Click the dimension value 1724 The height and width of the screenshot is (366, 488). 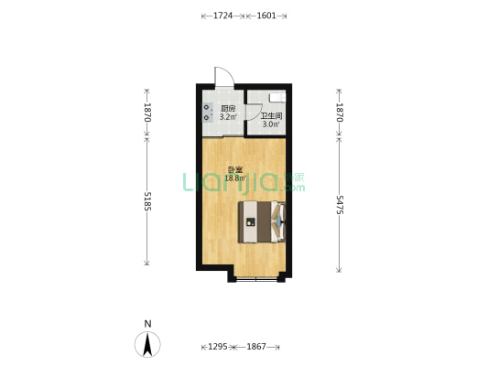pos(222,16)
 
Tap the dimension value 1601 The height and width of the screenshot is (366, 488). pos(266,16)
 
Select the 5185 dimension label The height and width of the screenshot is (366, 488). pos(147,201)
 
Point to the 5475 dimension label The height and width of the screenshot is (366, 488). pos(340,205)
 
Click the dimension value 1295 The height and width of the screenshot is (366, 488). pos(218,347)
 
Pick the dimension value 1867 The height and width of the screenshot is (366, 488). pos(256,347)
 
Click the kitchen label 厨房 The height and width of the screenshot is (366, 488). pos(228,109)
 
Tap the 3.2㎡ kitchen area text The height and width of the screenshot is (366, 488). pos(228,117)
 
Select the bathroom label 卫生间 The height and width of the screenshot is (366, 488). pos(271,116)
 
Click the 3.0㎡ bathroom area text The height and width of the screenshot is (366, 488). pos(271,124)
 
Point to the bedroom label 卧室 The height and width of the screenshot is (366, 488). pos(235,170)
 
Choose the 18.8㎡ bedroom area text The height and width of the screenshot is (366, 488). pos(235,178)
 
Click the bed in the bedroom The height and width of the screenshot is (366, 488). pos(262,221)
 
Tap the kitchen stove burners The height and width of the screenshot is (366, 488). pos(208,113)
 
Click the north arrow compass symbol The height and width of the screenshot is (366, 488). pos(147,344)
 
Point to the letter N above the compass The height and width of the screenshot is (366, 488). pos(147,324)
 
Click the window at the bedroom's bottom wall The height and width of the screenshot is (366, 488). pos(256,280)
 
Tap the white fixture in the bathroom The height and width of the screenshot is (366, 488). pos(277,97)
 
